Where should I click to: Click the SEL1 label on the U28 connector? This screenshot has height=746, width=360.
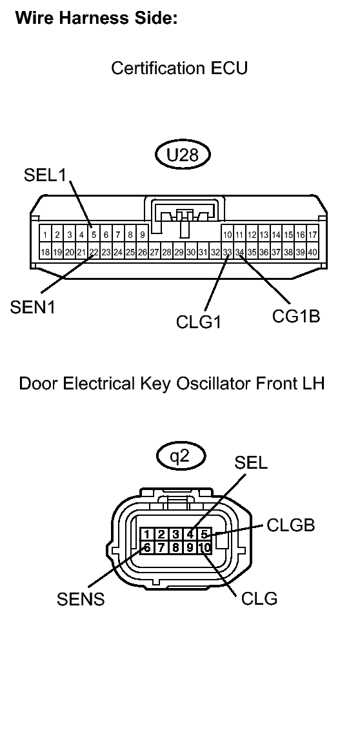[45, 175]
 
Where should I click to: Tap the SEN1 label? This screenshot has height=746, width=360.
[32, 308]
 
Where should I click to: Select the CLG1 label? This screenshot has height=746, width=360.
[199, 320]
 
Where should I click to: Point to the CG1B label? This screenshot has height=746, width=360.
[297, 317]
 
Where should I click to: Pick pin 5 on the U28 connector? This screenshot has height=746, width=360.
[94, 235]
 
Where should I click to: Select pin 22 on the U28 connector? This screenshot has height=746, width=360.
[94, 252]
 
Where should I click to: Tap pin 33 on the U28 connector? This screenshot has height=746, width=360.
[227, 252]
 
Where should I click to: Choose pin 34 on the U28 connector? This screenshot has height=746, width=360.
[239, 252]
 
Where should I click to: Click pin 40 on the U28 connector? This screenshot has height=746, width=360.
[312, 252]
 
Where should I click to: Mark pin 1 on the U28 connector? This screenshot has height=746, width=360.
[45, 235]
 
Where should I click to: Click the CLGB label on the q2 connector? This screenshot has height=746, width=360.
[291, 525]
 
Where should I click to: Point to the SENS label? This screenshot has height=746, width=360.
[81, 599]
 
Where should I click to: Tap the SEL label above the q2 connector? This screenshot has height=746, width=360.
[252, 463]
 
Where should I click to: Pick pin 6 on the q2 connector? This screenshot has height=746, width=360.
[148, 548]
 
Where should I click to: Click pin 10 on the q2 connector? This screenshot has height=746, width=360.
[204, 548]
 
